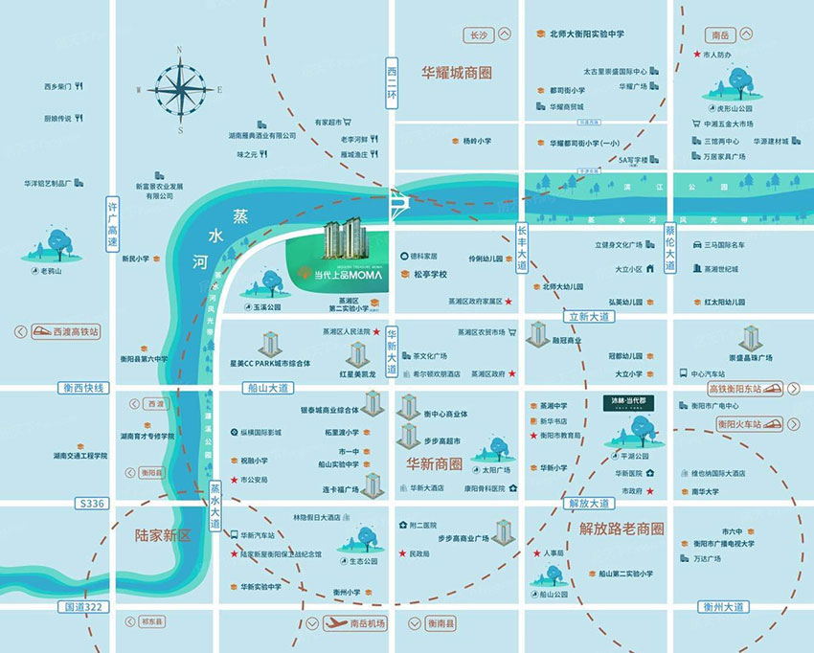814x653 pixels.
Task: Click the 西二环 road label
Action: coord(391,83)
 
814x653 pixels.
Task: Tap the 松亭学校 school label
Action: coord(431,274)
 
